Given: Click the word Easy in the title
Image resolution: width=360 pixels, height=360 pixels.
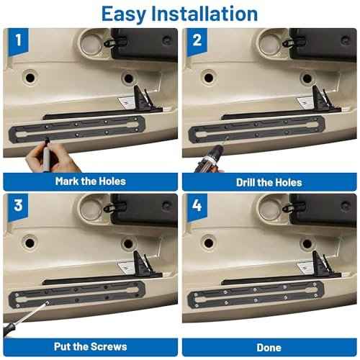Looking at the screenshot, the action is tap(124, 14).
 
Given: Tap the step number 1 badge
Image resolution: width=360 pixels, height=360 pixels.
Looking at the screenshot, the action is tap(19, 41).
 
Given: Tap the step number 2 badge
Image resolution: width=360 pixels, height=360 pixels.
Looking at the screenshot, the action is tap(197, 41).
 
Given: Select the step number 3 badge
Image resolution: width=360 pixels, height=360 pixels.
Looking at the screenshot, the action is tap(18, 207).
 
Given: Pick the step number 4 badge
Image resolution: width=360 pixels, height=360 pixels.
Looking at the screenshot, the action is tap(197, 207).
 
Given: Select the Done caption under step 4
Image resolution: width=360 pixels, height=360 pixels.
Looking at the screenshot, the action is tap(269, 348).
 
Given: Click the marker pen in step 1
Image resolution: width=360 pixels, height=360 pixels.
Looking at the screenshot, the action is tap(45, 156).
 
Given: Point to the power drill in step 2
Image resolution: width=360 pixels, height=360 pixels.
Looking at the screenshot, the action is tap(210, 159).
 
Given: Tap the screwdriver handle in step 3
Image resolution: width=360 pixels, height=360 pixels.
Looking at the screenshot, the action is tap(9, 330).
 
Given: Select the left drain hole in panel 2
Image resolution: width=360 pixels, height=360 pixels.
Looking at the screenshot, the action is tap(208, 78).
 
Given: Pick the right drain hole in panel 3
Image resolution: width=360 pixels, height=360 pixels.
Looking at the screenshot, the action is tap(128, 243).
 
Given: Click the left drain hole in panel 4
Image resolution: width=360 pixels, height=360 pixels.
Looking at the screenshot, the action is tap(208, 243).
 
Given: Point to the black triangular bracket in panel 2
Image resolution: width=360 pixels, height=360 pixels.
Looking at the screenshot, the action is tap(322, 99).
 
